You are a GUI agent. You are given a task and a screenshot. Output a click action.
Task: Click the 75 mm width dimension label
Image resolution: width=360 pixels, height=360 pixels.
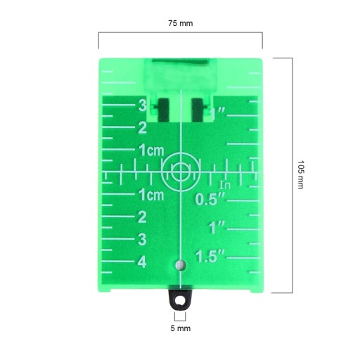(x=181, y=23)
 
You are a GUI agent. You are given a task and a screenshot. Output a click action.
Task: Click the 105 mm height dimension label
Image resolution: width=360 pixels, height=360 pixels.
(x=300, y=174)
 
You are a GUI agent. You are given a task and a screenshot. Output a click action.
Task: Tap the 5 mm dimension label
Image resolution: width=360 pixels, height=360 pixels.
(x=180, y=328)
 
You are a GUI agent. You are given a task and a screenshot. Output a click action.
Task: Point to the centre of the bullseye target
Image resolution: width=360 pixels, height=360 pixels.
(x=181, y=172)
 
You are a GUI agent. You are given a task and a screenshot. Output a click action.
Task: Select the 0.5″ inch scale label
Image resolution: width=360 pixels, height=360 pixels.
(x=210, y=199)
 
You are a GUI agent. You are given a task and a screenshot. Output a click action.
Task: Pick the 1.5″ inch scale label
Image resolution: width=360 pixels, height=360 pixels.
(x=210, y=256)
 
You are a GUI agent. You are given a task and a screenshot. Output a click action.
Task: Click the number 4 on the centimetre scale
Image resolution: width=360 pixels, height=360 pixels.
(x=142, y=262)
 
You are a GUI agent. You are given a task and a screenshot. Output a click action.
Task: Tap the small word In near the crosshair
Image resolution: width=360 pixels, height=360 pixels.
(x=225, y=185)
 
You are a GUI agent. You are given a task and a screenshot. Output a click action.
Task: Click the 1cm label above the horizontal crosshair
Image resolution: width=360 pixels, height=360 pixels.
(x=151, y=150)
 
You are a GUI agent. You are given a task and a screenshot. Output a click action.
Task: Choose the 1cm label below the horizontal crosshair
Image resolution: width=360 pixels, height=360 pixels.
(x=151, y=195)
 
